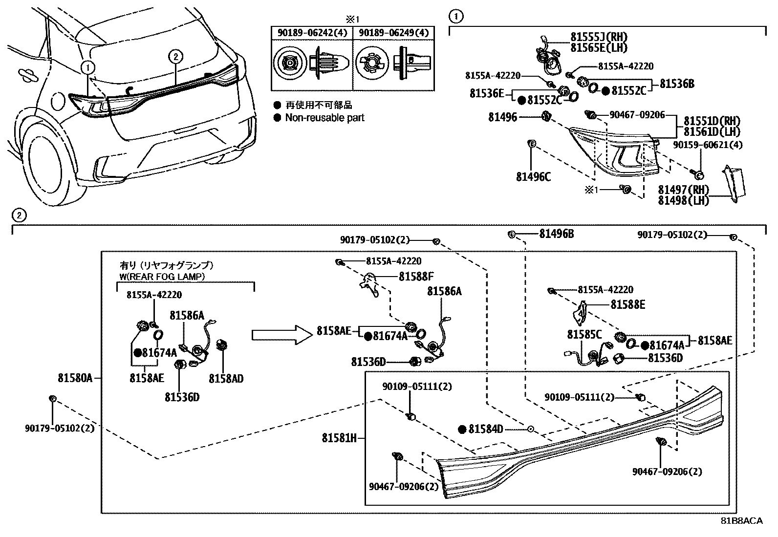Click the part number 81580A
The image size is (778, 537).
(75, 378)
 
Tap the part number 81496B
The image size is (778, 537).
(556, 234)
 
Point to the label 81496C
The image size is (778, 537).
(533, 177)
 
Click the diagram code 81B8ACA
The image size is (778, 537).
(741, 521)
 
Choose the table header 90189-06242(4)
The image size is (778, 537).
(312, 33)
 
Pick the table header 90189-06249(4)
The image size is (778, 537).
(393, 33)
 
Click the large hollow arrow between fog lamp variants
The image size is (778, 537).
(281, 335)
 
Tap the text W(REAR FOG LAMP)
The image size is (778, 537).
(162, 276)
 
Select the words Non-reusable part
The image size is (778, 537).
(324, 118)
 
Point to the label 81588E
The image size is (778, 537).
(627, 305)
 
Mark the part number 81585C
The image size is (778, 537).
(584, 335)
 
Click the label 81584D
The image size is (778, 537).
(485, 429)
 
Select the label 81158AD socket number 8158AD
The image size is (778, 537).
(226, 378)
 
